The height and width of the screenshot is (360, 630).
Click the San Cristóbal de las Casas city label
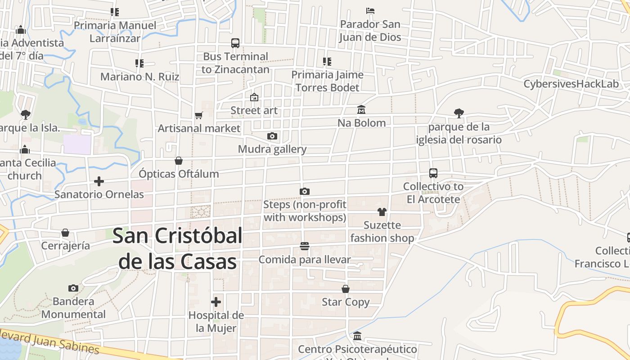[x=177, y=248]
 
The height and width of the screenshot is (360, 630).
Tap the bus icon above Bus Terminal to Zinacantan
[x=235, y=43]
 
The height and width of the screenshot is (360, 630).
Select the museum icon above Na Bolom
[x=361, y=110]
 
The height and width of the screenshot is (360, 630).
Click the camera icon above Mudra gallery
[x=272, y=136]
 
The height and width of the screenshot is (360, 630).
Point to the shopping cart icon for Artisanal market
[x=199, y=115]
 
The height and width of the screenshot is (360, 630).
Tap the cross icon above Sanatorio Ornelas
[x=99, y=181]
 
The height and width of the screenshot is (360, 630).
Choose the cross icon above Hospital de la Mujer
[x=216, y=302]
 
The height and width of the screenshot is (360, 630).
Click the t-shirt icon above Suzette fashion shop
[x=382, y=212]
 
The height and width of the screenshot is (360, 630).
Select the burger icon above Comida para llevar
[x=305, y=246]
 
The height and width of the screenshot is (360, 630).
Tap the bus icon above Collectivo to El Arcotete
[x=433, y=173]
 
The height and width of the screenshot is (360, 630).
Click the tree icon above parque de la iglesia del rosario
[x=459, y=113]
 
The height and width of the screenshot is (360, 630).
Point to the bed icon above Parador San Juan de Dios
[x=370, y=11]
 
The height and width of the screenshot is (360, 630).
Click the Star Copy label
[x=346, y=302]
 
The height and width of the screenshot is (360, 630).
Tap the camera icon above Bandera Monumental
[x=73, y=288]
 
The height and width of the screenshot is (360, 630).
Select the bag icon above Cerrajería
[x=65, y=233]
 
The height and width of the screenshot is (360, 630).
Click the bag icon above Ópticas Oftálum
[x=179, y=161]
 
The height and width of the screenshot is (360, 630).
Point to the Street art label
[x=254, y=110]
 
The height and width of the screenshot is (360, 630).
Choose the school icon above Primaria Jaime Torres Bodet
[x=327, y=62]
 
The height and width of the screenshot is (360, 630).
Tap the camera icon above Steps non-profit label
[x=305, y=192]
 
